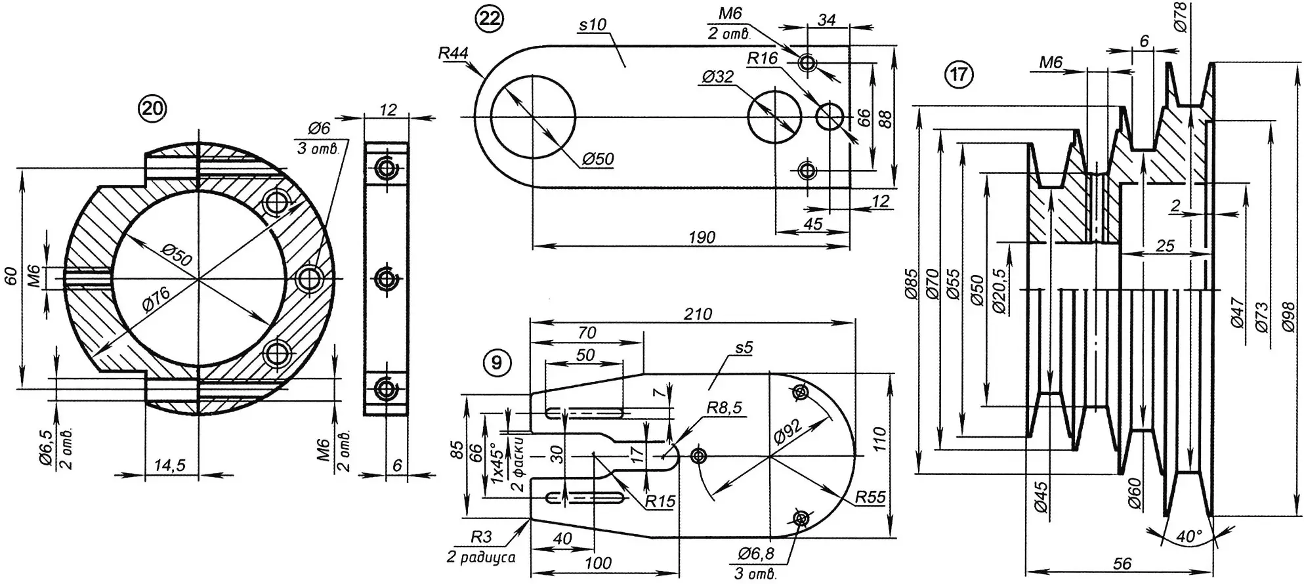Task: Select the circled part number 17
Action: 959,74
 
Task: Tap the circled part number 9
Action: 497,362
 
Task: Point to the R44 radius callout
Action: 453,52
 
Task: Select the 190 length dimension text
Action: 702,237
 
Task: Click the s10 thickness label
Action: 592,25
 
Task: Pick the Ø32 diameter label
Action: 717,77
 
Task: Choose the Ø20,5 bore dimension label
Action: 999,290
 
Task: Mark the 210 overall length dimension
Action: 697,314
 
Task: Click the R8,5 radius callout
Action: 724,408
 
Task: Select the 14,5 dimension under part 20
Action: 169,465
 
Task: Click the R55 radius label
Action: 870,497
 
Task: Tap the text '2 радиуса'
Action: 480,558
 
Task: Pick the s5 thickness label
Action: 743,348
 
